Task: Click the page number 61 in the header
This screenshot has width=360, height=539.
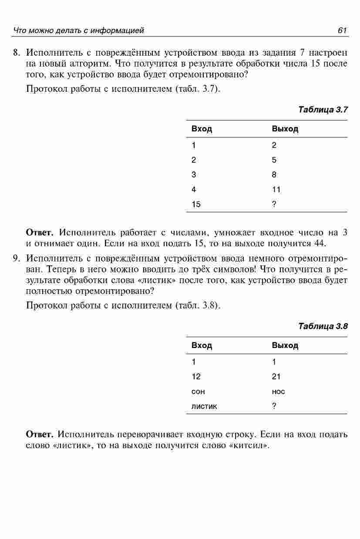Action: tap(342, 30)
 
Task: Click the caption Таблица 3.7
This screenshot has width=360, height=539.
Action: tap(323, 109)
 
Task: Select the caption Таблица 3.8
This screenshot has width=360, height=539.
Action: tap(323, 326)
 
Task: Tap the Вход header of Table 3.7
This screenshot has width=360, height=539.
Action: tap(202, 129)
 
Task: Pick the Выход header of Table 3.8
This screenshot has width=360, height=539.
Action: tap(285, 345)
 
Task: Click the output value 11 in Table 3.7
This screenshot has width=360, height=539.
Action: tap(276, 189)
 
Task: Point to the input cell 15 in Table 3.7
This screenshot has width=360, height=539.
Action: tap(196, 204)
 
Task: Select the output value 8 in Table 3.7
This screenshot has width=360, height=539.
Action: tap(274, 174)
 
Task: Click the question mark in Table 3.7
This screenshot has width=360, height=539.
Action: tap(274, 204)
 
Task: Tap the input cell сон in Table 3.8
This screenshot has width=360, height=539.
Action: tap(198, 392)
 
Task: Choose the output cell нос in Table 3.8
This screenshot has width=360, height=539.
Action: tap(278, 392)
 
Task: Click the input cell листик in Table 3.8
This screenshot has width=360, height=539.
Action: tap(204, 406)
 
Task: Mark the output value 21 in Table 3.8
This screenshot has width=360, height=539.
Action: tap(276, 376)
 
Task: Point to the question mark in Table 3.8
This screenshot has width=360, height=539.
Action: tap(274, 406)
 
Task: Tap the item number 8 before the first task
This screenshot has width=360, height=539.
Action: tap(16, 53)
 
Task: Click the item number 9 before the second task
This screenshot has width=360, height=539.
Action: tap(16, 258)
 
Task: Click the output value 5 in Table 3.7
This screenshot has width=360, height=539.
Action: tap(274, 160)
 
